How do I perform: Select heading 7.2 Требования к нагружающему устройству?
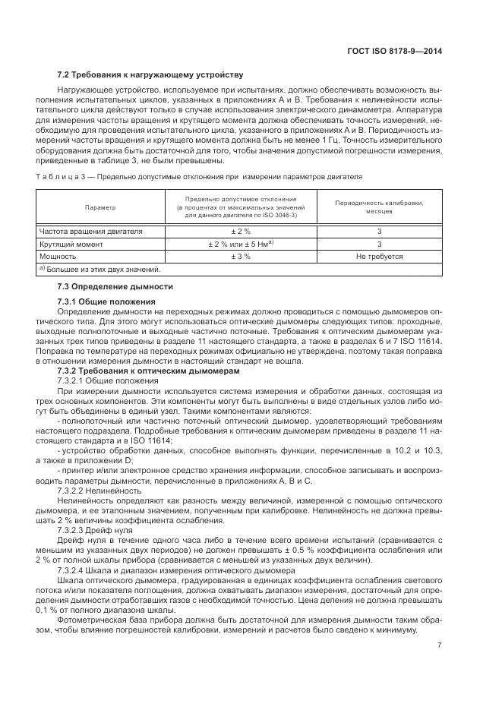(150, 75)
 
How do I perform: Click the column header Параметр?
(100, 207)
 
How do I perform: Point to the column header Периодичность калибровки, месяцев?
(378, 207)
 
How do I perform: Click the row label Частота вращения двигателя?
(90, 232)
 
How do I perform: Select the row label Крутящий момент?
(71, 245)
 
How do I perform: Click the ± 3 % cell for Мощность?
(241, 257)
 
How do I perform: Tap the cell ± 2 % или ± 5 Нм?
(241, 245)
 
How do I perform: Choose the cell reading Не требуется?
(378, 257)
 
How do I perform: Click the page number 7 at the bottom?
(440, 645)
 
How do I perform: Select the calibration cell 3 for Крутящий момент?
(378, 245)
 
